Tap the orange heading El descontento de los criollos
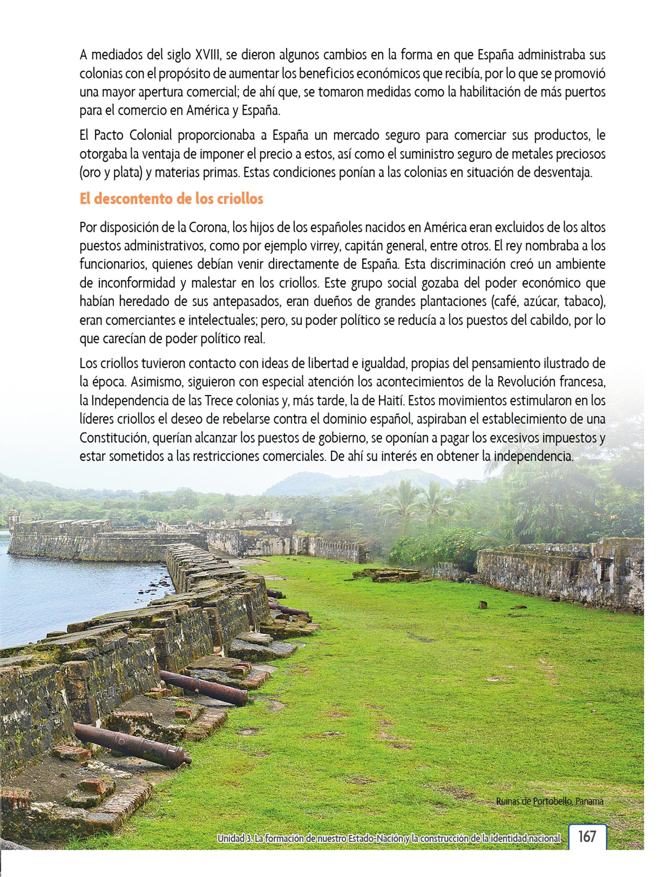point(171,199)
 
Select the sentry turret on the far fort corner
point(14,518)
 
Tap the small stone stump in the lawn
point(483,605)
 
